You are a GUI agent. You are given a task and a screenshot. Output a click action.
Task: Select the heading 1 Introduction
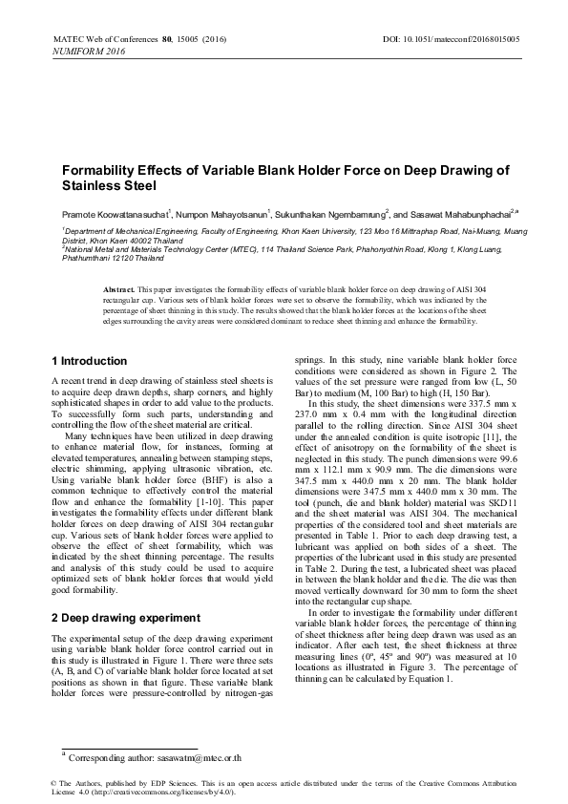pos(88,361)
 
